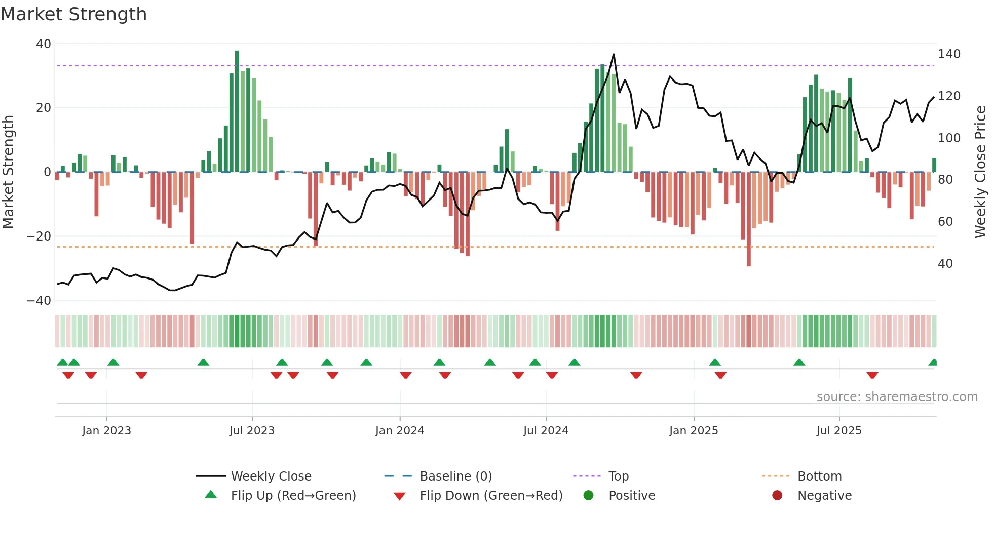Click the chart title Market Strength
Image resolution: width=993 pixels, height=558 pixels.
(x=73, y=14)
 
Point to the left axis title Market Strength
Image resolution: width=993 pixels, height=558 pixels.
(x=8, y=172)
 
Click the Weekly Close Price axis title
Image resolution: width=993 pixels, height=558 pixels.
(x=980, y=172)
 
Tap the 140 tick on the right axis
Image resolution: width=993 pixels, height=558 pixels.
(x=948, y=54)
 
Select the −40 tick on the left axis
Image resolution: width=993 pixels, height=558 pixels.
(x=39, y=301)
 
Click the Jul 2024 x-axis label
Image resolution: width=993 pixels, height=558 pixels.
(x=546, y=431)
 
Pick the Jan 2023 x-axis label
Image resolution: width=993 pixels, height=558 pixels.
(x=106, y=431)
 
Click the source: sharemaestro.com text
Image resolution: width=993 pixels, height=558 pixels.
(x=897, y=397)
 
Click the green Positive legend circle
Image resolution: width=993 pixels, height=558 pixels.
(x=588, y=495)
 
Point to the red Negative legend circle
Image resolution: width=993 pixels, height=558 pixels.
(x=777, y=495)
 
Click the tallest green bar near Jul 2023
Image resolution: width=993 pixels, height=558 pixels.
(x=237, y=111)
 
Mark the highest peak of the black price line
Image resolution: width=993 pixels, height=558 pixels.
(x=614, y=54)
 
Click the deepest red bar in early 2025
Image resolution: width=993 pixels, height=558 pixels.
(x=749, y=219)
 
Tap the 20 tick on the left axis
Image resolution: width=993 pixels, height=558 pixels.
(x=43, y=108)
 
